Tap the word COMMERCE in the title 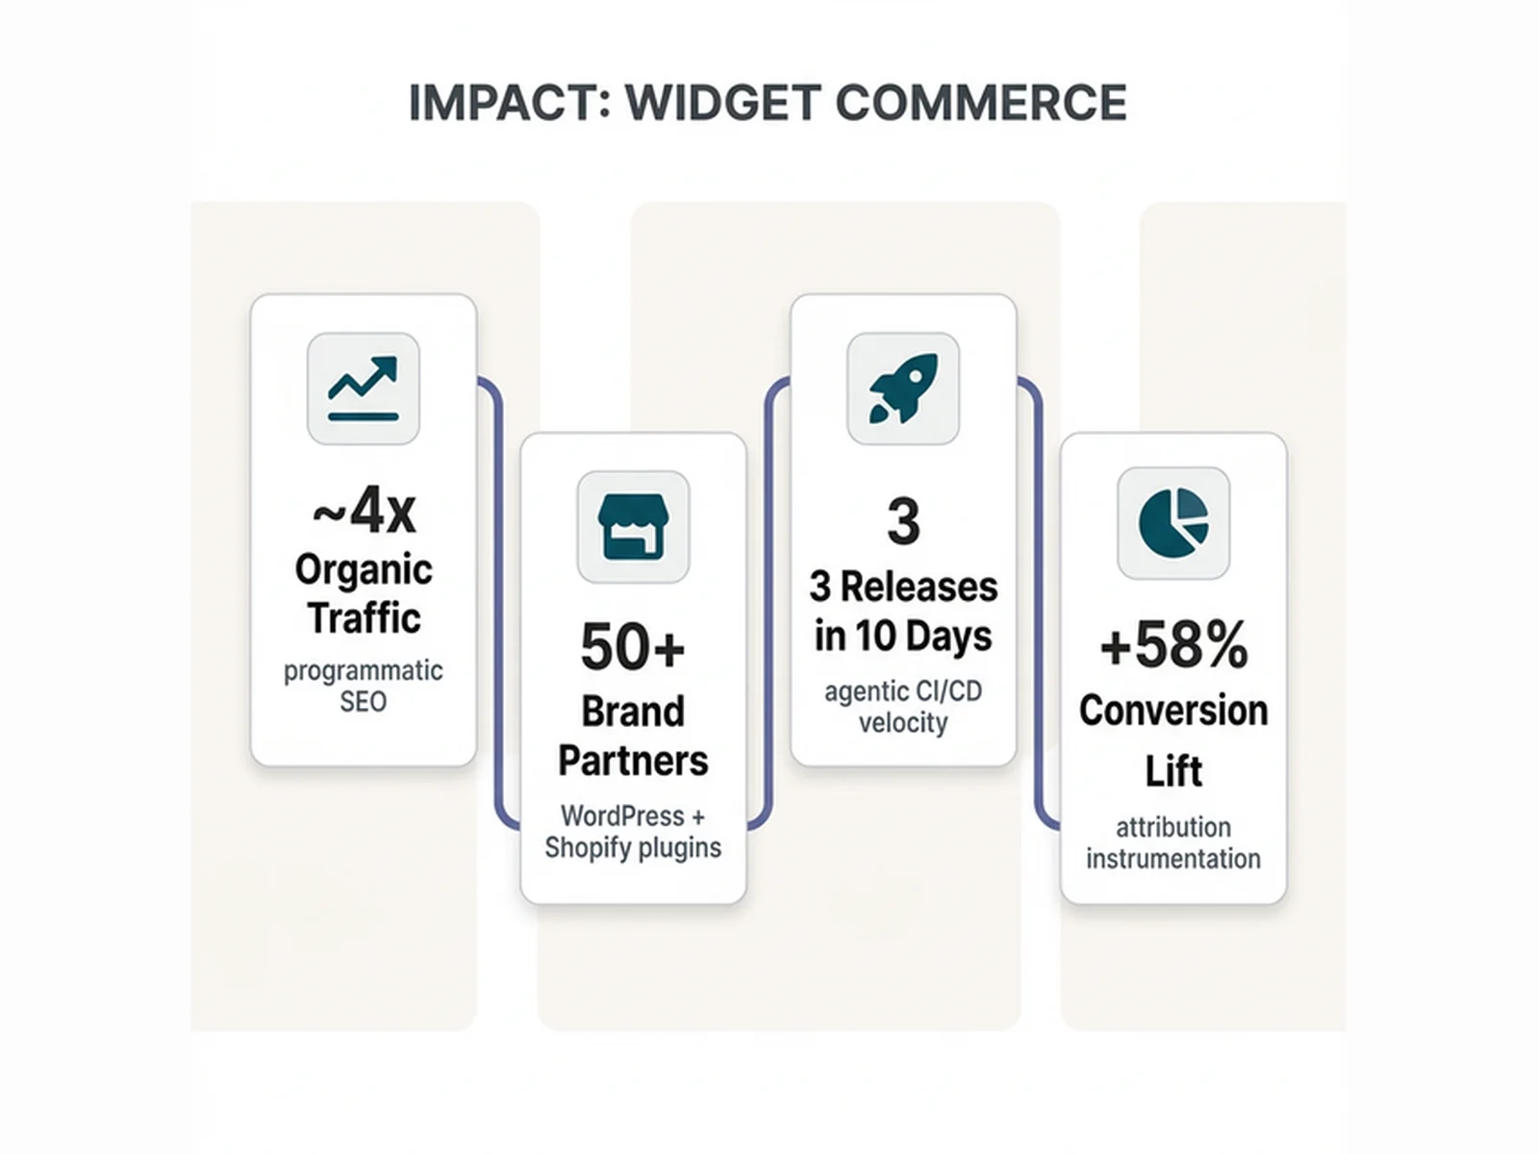981,103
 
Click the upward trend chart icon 363,389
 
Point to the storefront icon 633,527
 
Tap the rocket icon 902,389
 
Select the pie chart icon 1173,523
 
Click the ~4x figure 364,510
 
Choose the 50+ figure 632,647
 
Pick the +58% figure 1173,644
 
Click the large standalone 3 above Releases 902,522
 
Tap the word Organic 364,569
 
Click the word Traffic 364,618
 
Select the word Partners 633,761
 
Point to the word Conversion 1173,711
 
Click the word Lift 1173,771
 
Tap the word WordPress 622,816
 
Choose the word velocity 902,722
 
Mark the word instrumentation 1173,859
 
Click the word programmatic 364,671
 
